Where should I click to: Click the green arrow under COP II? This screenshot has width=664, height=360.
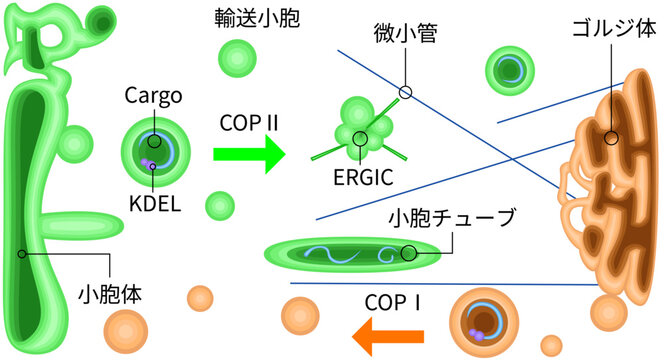tap(248, 154)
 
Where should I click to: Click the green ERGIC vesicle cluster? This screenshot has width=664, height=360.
tap(356, 127)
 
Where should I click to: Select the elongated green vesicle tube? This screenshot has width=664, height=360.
tap(350, 254)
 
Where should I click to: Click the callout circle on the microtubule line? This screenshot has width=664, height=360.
tap(405, 92)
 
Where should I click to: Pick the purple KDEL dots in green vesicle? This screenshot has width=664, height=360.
tap(147, 162)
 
